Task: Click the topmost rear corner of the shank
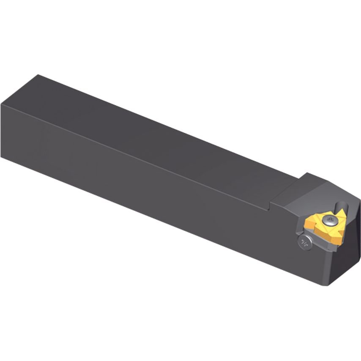(x=39, y=75)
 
